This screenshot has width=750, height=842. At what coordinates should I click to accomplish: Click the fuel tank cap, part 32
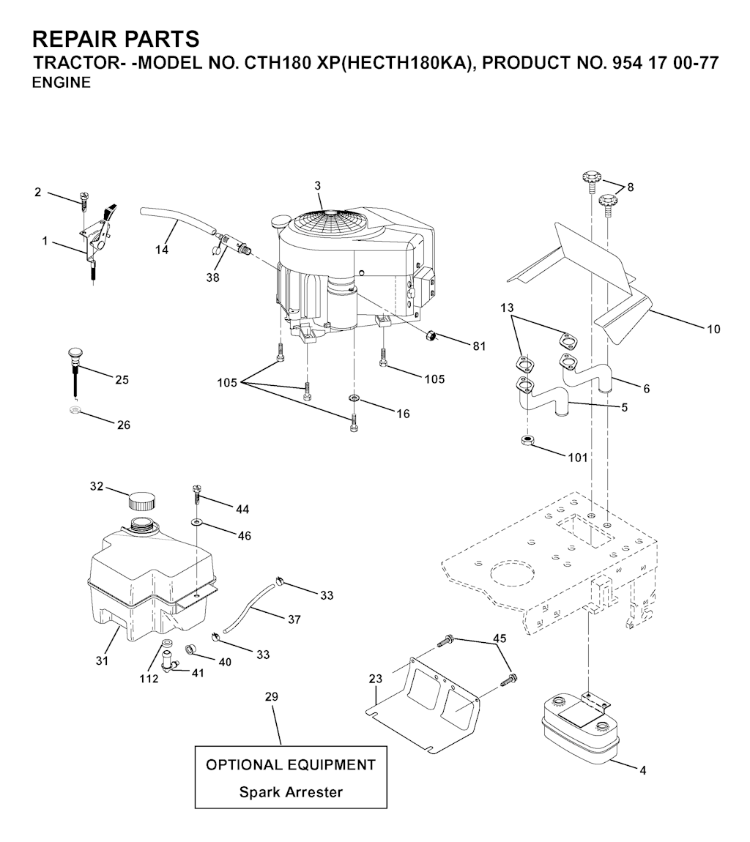[x=141, y=501]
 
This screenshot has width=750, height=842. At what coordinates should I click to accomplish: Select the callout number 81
[x=479, y=346]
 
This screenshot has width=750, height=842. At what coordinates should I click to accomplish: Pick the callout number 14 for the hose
[x=162, y=250]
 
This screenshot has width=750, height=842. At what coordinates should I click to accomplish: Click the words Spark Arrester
[x=291, y=792]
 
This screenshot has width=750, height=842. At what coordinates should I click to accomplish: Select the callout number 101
[x=578, y=458]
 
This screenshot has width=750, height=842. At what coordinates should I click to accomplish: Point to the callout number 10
[x=713, y=329]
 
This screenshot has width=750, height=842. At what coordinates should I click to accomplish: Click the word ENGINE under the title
[x=62, y=83]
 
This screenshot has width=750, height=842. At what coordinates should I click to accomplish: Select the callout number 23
[x=376, y=679]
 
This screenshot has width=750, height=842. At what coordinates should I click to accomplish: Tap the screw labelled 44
[x=196, y=493]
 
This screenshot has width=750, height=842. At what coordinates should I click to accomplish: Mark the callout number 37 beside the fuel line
[x=294, y=619]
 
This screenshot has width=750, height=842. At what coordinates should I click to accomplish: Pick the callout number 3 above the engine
[x=318, y=186]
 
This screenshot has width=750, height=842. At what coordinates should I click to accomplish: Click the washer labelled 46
[x=197, y=521]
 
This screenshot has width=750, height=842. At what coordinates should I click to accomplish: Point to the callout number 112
[x=149, y=679]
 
